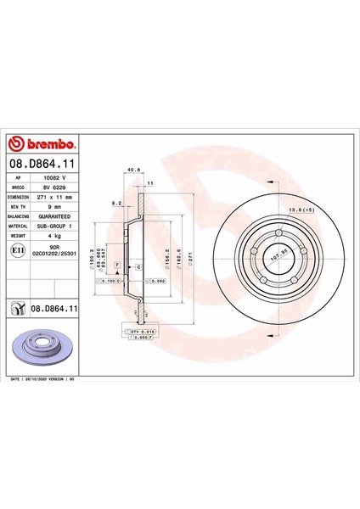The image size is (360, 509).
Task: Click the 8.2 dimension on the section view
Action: (116, 204)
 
